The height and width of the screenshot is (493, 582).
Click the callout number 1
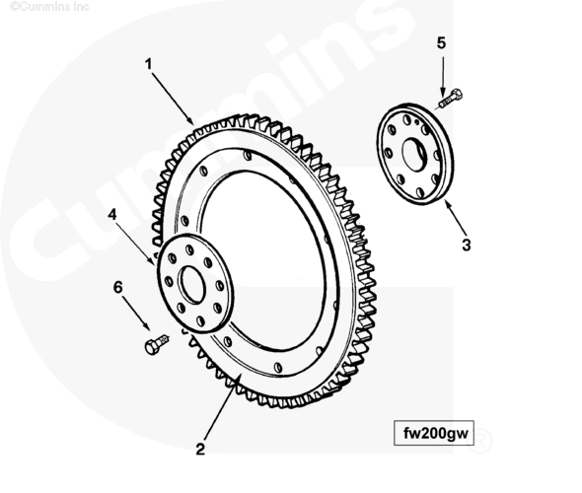tap(149, 64)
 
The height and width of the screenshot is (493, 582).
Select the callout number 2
tap(200, 450)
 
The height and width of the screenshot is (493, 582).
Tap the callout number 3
tap(467, 246)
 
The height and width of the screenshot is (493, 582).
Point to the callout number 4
tap(112, 214)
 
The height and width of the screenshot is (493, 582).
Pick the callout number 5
tap(441, 43)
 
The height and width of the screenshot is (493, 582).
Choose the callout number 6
tap(117, 287)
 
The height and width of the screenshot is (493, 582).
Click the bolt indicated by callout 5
tap(449, 99)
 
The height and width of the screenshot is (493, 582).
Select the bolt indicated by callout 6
tap(157, 344)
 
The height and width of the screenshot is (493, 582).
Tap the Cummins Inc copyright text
tap(49, 6)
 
